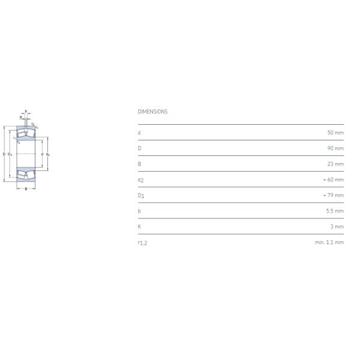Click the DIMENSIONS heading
pos(152,112)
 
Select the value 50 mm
pos(335,133)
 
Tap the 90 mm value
pos(335,148)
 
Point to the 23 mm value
pos(335,164)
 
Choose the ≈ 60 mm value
pos(334,179)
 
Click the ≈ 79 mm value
pos(334,195)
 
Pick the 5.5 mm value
pos(335,211)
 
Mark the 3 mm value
pos(337,227)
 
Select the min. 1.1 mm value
pos(329,242)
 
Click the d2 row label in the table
pos(140,180)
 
